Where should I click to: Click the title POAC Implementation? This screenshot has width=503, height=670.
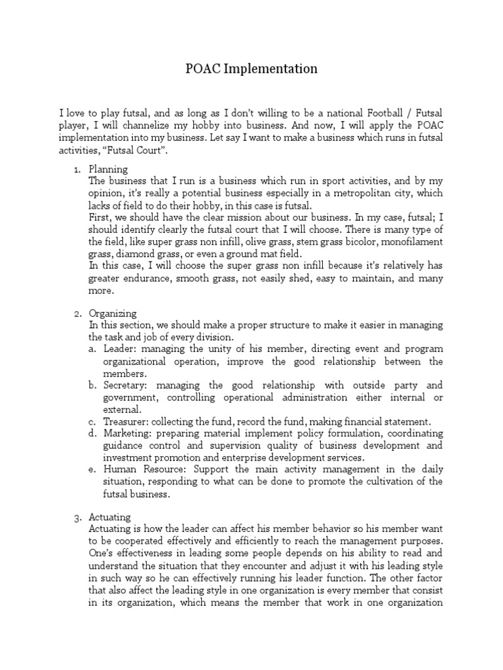point(251,69)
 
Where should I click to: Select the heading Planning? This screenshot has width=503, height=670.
point(108,169)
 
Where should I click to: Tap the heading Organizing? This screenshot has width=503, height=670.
point(113,313)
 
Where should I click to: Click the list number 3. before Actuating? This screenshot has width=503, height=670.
point(77,517)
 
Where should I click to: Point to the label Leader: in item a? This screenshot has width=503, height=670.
point(119,349)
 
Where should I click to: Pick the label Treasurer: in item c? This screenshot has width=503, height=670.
point(125,421)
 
